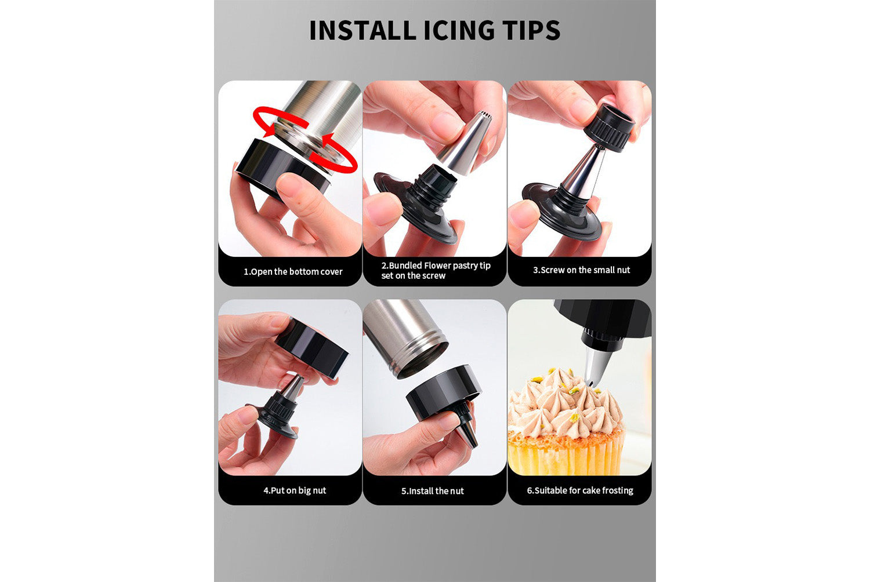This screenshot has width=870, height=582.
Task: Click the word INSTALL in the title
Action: pyautogui.click(x=362, y=30)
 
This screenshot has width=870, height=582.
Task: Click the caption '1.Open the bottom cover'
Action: pyautogui.click(x=293, y=271)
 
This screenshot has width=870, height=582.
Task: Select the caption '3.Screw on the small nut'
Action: pyautogui.click(x=581, y=270)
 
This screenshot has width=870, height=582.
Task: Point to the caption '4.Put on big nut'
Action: pyautogui.click(x=295, y=490)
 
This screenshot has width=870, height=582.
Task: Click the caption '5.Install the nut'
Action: pyautogui.click(x=432, y=491)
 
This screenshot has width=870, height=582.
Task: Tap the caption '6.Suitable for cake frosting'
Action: pyautogui.click(x=580, y=490)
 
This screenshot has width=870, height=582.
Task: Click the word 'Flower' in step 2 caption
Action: pyautogui.click(x=440, y=265)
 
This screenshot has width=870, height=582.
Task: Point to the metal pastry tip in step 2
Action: pyautogui.click(x=465, y=144)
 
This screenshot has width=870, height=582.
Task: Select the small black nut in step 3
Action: pyautogui.click(x=609, y=128)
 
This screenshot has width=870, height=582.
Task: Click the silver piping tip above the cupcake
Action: pyautogui.click(x=596, y=365)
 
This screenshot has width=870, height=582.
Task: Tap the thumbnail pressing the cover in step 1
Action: pyautogui.click(x=290, y=185)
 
